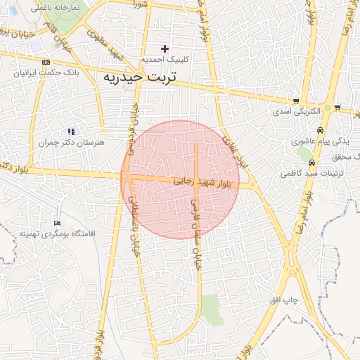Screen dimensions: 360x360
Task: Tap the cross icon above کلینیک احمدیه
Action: pos(165,49)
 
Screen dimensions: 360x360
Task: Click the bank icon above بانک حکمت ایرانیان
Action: pos(46,62)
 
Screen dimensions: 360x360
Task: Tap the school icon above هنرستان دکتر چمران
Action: pos(70,131)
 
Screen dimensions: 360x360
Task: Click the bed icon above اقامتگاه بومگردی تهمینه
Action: pos(57,223)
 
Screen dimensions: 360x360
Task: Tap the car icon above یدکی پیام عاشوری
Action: pos(320,131)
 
